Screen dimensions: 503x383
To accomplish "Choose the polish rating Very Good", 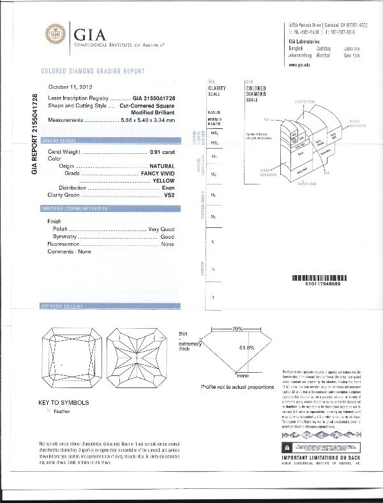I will click(x=161, y=228).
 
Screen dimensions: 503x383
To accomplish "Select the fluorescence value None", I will click(x=168, y=244).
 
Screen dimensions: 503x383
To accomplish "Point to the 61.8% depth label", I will click(x=246, y=347).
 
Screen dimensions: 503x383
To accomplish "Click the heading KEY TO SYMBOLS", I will click(x=64, y=403).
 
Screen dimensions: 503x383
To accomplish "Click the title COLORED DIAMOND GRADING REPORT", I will click(x=93, y=71).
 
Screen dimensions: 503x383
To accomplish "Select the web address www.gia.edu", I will click(x=300, y=65).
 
